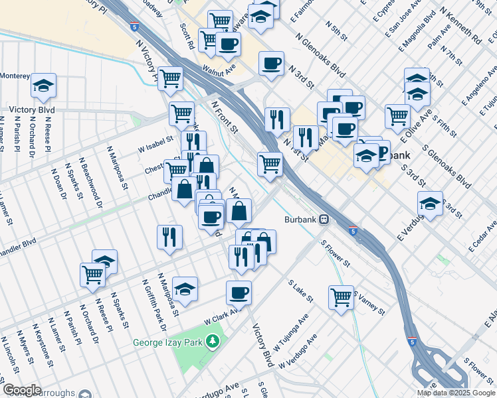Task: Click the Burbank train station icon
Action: (324, 219)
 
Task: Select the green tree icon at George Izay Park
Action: (213, 342)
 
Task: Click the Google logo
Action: (22, 390)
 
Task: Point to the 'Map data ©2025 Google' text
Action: (456, 393)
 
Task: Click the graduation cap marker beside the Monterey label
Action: (43, 86)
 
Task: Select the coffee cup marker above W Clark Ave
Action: (239, 292)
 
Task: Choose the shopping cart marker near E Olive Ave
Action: (397, 115)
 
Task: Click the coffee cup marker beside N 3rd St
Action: (270, 64)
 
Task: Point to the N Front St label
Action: (225, 117)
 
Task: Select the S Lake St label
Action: (300, 291)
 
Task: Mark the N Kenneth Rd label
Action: (468, 31)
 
